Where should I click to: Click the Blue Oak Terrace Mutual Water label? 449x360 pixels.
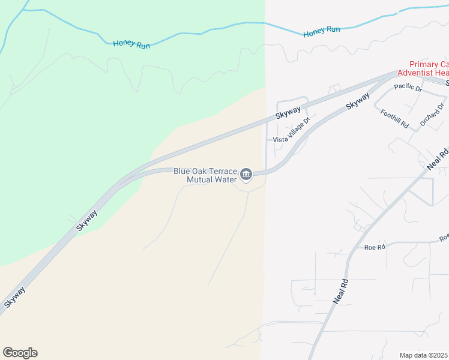[x=205, y=175]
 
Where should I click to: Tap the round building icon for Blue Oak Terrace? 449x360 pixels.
[x=246, y=175]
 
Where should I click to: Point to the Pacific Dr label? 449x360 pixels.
[x=409, y=88]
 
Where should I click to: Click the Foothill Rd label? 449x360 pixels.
[x=394, y=118]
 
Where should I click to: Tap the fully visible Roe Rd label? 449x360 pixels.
[x=374, y=247]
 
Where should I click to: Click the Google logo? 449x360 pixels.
[x=20, y=353]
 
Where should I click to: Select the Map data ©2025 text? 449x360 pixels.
[x=424, y=355]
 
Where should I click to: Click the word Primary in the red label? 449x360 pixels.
[x=424, y=64]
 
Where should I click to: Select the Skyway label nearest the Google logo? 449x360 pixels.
[x=14, y=298]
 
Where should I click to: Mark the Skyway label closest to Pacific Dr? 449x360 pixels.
[x=358, y=100]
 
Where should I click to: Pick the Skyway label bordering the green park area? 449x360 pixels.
[x=86, y=220]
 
